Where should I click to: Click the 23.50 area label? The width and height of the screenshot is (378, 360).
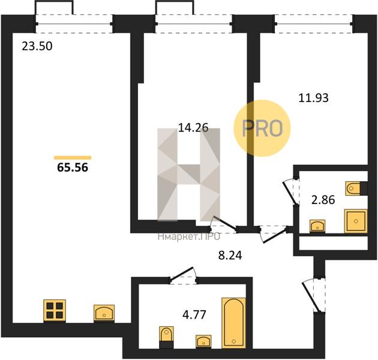click(37, 46)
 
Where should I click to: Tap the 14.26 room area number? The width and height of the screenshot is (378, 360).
click(193, 127)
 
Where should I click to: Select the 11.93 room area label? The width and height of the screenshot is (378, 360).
click(313, 98)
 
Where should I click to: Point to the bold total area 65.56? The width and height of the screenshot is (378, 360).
click(73, 167)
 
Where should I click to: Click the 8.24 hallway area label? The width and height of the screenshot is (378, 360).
click(230, 256)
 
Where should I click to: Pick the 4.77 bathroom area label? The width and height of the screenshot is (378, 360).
click(194, 314)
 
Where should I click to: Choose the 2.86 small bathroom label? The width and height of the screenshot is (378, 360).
click(323, 200)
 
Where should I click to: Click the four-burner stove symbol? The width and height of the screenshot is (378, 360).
click(55, 311)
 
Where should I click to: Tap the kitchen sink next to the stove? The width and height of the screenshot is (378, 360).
click(104, 313)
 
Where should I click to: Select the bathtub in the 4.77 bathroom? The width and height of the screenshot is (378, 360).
click(233, 323)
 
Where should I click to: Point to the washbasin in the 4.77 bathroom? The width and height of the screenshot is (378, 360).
click(203, 341)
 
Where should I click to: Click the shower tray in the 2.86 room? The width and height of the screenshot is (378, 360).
click(356, 221)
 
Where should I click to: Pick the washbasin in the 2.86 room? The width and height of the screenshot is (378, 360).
click(317, 226)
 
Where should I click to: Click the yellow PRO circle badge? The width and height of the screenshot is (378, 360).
click(262, 128)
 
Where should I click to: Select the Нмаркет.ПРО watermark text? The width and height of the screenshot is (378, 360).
click(189, 237)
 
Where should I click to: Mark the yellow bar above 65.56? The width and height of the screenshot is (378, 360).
click(73, 158)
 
